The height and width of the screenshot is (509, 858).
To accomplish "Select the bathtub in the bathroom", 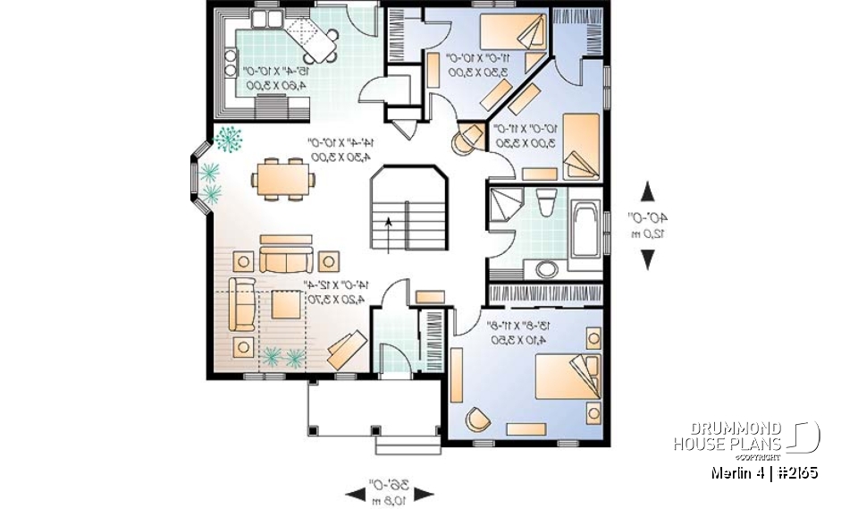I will pyautogui.click(x=586, y=235).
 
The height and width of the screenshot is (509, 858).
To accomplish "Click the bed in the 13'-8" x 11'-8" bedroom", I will pyautogui.click(x=566, y=377).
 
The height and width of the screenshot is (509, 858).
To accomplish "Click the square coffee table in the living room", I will pyautogui.click(x=287, y=305).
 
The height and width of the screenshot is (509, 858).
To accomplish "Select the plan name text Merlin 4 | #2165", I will pyautogui.click(x=764, y=472).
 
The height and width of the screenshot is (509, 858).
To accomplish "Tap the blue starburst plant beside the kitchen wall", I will pyautogui.click(x=230, y=139).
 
